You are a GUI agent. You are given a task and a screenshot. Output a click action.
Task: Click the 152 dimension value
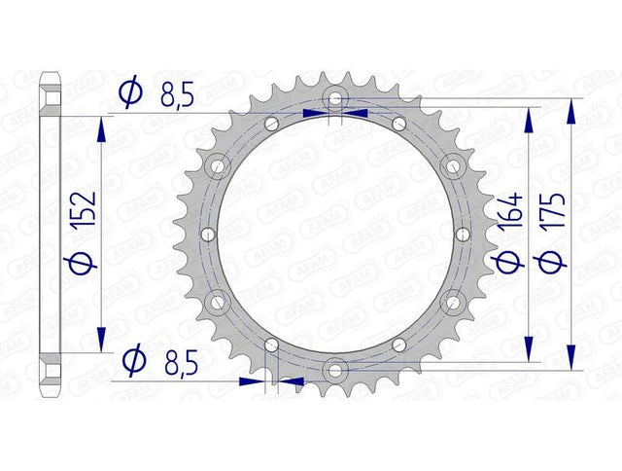(x=84, y=209)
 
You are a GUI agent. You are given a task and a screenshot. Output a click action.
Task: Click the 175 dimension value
(x=552, y=210)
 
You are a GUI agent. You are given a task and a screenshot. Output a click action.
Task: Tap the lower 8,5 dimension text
(x=181, y=364)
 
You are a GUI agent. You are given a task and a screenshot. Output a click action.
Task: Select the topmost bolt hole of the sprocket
(x=335, y=98)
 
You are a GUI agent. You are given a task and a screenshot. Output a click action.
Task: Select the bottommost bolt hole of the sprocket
(x=335, y=371)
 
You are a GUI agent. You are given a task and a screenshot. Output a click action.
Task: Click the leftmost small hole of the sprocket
(x=208, y=235)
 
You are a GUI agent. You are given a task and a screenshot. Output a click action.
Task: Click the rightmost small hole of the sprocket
(x=463, y=235)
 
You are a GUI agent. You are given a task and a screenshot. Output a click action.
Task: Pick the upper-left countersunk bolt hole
(x=218, y=166)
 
